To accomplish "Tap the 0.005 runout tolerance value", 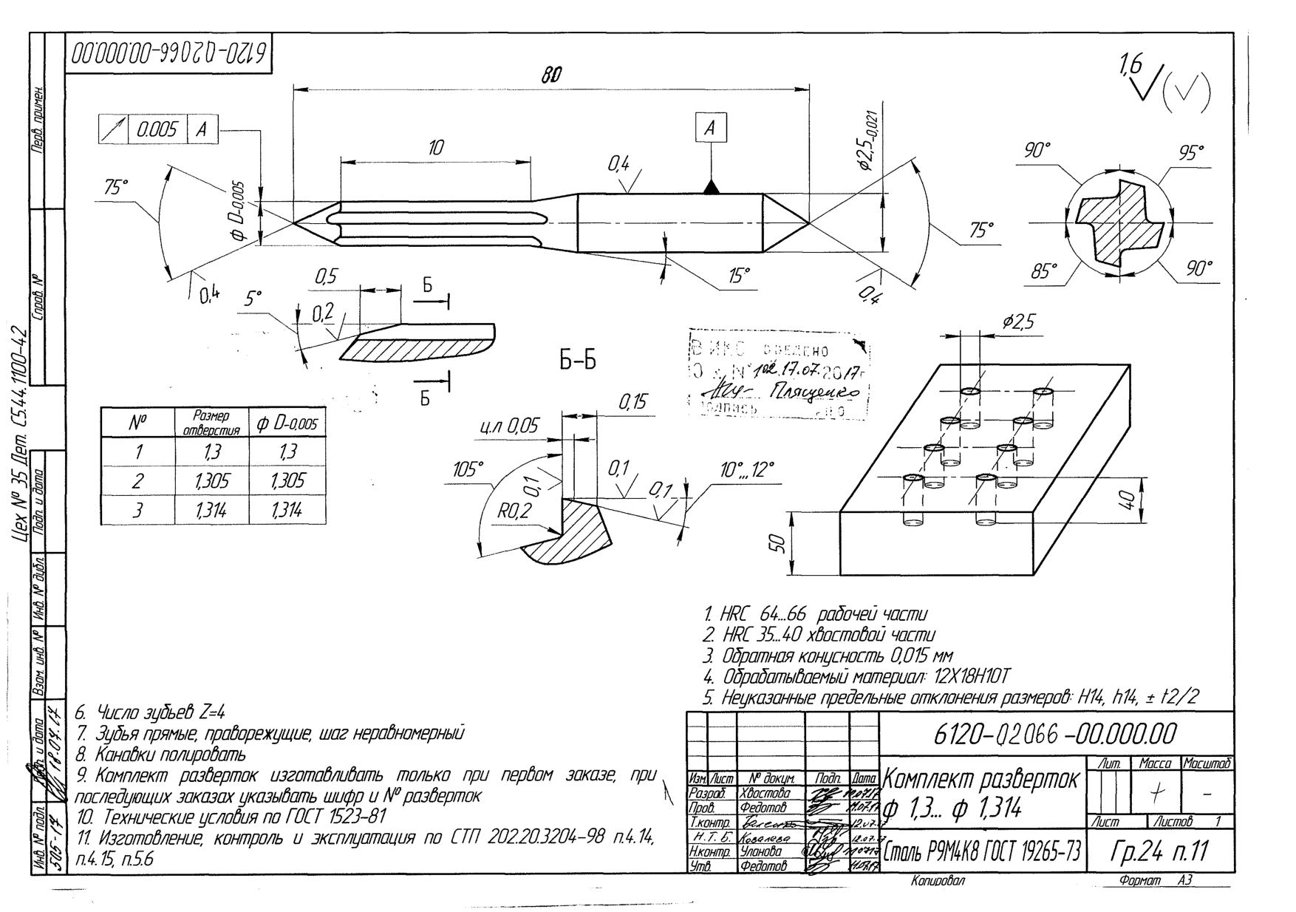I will point(157,130).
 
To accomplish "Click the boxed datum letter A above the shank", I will point(711,129).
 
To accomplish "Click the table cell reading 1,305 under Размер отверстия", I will point(211,481).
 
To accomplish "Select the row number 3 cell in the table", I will point(137,510).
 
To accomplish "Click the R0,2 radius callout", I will point(514,510).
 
